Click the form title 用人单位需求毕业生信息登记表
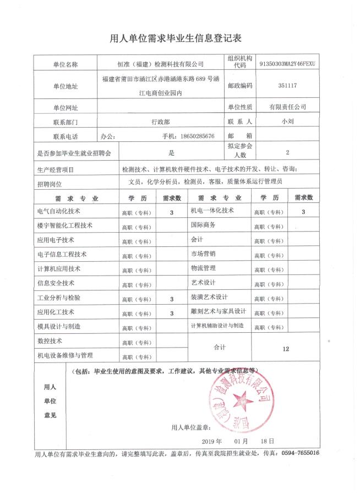(176, 38)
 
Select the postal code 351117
(287, 86)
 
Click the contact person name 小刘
(287, 122)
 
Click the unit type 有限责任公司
(287, 107)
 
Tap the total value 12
(285, 349)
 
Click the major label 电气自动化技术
(59, 211)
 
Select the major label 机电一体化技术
(212, 210)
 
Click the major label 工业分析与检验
(59, 298)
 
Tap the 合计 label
(220, 348)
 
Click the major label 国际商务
(203, 225)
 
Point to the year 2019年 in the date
(212, 441)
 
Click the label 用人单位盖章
(191, 427)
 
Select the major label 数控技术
(50, 340)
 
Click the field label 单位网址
(66, 107)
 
